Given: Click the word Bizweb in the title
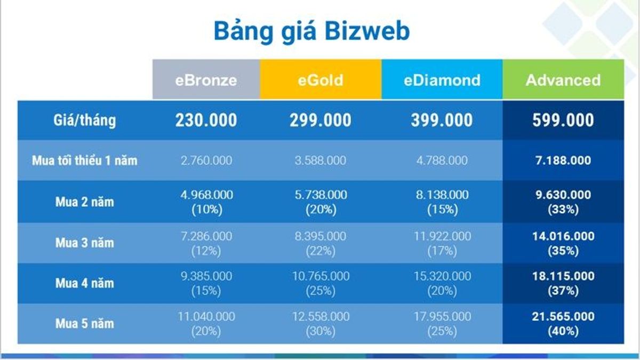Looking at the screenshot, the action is tap(367, 31).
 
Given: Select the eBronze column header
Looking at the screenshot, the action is tap(206, 80).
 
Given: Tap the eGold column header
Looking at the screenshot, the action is tap(321, 80).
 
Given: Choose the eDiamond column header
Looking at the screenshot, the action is tap(442, 80).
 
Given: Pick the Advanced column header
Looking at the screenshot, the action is tap(563, 80).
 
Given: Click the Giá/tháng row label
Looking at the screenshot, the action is tap(85, 120).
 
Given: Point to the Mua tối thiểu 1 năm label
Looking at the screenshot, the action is tap(85, 161).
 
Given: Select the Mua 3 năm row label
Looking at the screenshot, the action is tap(85, 243).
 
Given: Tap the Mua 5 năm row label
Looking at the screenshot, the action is tap(85, 323).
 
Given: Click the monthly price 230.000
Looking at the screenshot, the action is tap(206, 120).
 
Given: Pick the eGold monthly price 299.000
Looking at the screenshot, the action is tap(321, 120).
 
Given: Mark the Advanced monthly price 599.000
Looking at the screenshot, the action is tap(563, 120).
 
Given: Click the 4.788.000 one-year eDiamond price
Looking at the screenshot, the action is tap(442, 161).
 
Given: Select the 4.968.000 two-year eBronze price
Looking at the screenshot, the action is tap(206, 195).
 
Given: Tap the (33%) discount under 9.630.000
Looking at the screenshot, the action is tap(563, 210).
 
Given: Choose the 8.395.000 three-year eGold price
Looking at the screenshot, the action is tap(321, 236).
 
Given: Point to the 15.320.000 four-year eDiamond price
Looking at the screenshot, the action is tap(442, 276).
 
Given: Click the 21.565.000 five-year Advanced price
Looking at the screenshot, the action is tap(563, 316).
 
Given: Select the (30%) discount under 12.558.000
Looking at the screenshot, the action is tap(321, 331).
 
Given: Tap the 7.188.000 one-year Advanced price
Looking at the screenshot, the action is tap(563, 161).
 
